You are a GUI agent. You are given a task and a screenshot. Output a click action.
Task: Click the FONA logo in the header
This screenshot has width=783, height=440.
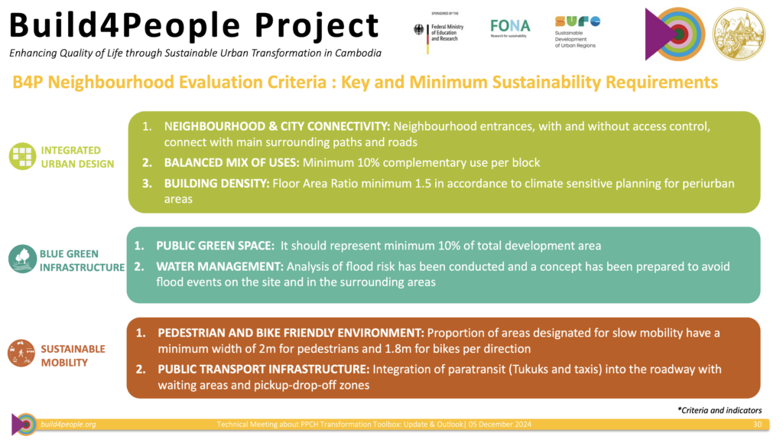tap(510, 28)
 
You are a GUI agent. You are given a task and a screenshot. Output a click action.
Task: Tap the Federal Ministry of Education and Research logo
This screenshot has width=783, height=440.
tap(439, 32)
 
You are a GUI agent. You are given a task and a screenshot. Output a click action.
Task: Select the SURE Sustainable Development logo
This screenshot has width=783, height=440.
tap(577, 31)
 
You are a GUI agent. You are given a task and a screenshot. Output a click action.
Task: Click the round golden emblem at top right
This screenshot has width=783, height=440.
tap(739, 34)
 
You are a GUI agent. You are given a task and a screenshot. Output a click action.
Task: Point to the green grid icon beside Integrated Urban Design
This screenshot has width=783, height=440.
tap(22, 157)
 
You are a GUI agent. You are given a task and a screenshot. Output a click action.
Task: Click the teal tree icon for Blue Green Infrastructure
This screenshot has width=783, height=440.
tap(22, 259)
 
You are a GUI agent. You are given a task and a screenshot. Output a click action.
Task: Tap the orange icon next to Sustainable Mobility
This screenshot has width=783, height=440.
tap(21, 354)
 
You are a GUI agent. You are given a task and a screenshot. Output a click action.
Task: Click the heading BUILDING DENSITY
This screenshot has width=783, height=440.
tap(216, 184)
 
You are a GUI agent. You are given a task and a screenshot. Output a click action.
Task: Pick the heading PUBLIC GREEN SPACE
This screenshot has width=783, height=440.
tap(215, 246)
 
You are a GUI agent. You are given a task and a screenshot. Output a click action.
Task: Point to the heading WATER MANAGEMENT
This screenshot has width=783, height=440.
tap(219, 266)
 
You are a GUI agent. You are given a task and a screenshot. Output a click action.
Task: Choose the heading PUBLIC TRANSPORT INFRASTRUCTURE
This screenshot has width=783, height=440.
tap(264, 370)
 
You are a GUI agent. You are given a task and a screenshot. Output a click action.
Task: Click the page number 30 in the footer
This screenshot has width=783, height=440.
tap(757, 425)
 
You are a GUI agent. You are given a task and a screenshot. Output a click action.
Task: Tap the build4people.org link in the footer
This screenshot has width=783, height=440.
tap(68, 425)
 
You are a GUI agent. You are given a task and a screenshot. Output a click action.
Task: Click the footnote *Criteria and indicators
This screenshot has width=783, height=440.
tap(720, 410)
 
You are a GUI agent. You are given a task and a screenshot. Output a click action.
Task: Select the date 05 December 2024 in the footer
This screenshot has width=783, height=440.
tap(500, 425)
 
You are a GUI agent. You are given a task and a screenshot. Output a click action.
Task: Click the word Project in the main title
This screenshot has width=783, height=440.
tap(317, 26)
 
